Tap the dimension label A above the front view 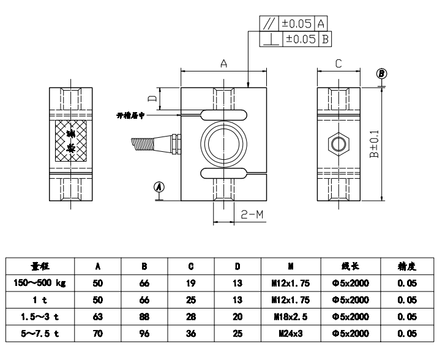223,64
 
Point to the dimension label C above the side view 338,64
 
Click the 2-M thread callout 252,215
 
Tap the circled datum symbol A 159,186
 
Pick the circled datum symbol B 382,73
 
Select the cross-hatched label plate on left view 71,141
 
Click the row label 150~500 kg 40,283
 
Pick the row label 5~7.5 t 40,334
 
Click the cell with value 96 144,334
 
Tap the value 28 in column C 191,317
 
